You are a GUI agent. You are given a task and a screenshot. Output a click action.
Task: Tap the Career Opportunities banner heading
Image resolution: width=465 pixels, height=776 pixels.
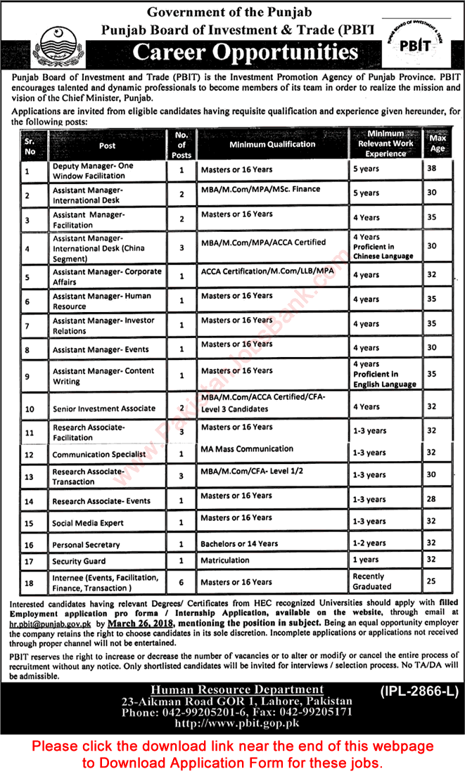(246, 52)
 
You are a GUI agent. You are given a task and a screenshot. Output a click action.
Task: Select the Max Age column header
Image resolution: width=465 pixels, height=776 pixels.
(437, 143)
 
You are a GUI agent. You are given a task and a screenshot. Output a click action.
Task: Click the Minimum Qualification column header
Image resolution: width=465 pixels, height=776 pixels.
(272, 144)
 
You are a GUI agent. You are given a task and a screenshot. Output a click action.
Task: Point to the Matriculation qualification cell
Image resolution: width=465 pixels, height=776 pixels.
(225, 560)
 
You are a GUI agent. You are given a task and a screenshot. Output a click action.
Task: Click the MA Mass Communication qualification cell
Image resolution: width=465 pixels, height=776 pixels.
(247, 448)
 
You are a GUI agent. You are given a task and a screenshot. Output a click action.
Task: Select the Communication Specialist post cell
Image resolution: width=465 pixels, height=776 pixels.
(89, 454)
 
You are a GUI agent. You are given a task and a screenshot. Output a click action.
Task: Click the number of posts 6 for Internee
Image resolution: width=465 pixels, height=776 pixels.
(181, 581)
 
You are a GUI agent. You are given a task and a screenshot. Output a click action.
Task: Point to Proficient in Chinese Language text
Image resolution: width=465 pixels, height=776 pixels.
(383, 252)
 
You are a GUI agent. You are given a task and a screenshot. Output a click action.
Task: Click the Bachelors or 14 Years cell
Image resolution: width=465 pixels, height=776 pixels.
(239, 543)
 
